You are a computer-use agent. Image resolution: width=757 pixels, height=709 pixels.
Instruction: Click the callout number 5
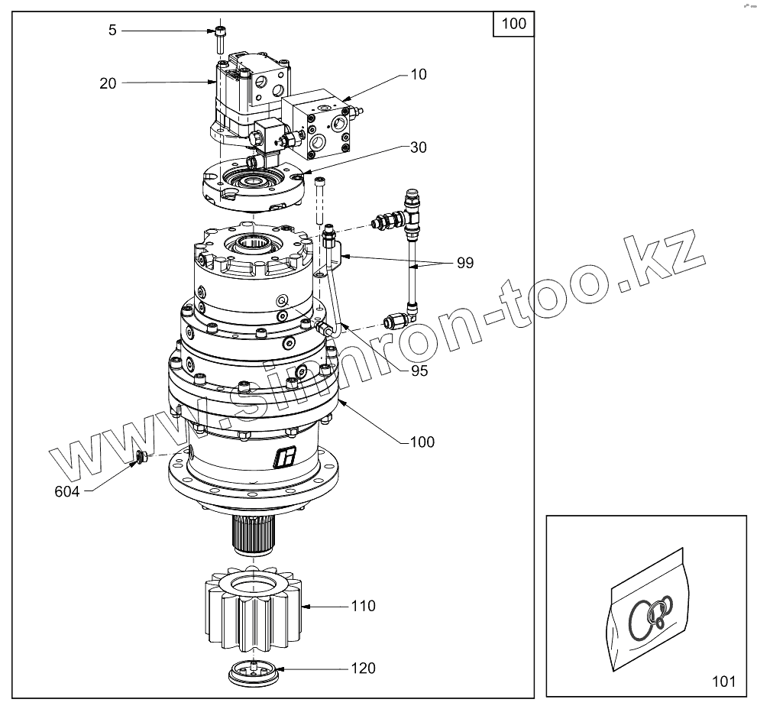pos(112,31)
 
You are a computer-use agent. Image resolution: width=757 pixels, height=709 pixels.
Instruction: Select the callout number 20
pos(108,83)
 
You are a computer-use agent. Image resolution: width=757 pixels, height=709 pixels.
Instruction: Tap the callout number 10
pos(419,74)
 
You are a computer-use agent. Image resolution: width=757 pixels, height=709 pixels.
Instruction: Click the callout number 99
pos(465,263)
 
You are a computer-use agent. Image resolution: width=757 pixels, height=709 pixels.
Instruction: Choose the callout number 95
pos(419,371)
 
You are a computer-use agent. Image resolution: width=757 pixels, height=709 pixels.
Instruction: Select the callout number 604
pos(67,492)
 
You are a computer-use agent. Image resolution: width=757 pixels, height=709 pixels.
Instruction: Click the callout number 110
pos(363,606)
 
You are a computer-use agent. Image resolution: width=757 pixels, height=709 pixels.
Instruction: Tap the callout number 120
pos(363,668)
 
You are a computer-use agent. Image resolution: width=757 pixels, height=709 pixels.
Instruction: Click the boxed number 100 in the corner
pos(513,24)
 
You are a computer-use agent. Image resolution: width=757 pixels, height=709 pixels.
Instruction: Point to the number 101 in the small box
pos(723,681)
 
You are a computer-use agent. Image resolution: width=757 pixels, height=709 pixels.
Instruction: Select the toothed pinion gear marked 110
pos(253,607)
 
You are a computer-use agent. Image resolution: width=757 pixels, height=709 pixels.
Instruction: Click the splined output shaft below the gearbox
pos(253,533)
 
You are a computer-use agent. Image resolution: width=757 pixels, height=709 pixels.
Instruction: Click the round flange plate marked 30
pos(253,185)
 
